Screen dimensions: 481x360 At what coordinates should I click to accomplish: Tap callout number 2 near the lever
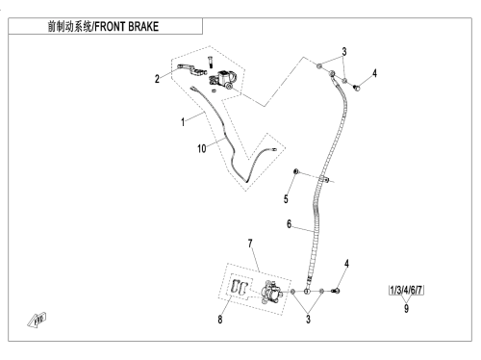coord(157,79)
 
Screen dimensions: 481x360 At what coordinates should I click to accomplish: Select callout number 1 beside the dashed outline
coord(183,122)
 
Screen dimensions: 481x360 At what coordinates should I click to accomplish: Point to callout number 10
coord(201,148)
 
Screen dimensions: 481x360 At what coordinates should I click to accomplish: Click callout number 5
coord(286,199)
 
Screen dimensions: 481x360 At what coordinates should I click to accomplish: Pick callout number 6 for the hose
coord(289,224)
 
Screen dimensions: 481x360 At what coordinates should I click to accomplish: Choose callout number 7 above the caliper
coord(250,244)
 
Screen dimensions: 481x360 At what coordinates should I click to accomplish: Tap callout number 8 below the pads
coord(220,320)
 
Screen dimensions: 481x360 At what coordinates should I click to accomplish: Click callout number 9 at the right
coord(406,308)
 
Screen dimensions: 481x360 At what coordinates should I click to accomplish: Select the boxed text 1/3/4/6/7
coord(406,290)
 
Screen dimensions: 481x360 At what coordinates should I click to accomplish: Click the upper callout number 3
coord(344,51)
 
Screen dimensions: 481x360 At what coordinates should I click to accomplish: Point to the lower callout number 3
coord(308,320)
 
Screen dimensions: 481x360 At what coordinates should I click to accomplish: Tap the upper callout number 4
coord(374,73)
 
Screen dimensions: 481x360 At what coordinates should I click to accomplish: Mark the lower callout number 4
coord(346,264)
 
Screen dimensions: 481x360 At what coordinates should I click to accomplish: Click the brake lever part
coord(191,69)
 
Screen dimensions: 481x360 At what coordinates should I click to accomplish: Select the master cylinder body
coord(223,80)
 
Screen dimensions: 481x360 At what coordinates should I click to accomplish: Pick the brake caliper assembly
coord(271,292)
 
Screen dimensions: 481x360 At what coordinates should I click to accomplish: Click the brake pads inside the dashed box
coord(240,287)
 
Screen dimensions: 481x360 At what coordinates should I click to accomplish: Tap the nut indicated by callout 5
coord(296,171)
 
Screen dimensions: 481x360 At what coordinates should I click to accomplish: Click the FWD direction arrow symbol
coord(37,321)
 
